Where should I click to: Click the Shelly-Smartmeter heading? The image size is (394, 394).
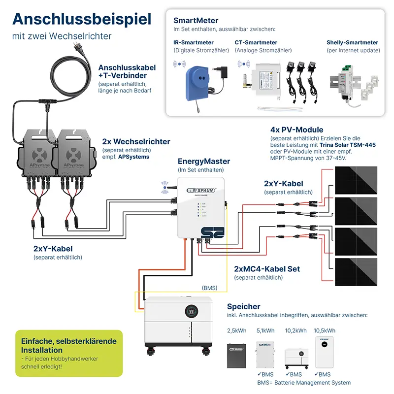click(x=352, y=42)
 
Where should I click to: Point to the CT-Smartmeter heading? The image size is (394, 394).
click(x=256, y=42)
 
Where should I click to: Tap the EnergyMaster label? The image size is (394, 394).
click(x=204, y=161)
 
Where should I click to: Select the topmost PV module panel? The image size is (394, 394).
click(x=356, y=180)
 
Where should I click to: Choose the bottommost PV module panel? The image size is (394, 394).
click(x=356, y=272)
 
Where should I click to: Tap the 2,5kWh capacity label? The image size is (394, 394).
click(x=236, y=330)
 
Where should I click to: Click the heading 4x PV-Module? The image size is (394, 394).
click(x=296, y=130)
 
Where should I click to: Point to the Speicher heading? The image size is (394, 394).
click(x=244, y=306)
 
